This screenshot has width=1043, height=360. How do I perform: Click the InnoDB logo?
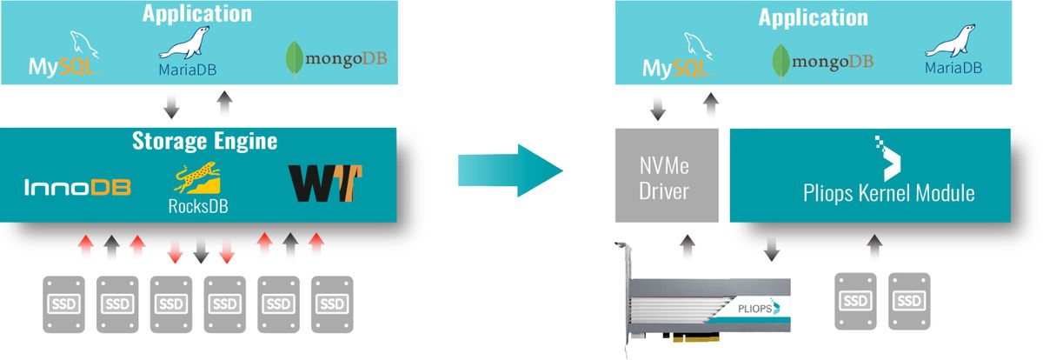click(77, 187)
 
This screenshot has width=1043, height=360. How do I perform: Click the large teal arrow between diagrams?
click(511, 170)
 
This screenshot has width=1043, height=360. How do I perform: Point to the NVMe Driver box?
click(667, 174)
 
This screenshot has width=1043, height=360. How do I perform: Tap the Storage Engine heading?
click(204, 140)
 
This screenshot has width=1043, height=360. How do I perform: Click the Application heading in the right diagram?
click(813, 17)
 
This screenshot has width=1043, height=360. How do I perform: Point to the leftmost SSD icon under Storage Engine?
click(63, 304)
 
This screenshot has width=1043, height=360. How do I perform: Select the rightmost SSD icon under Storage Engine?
click(332, 304)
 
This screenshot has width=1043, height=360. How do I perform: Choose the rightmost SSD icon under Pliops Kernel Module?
click(909, 300)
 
